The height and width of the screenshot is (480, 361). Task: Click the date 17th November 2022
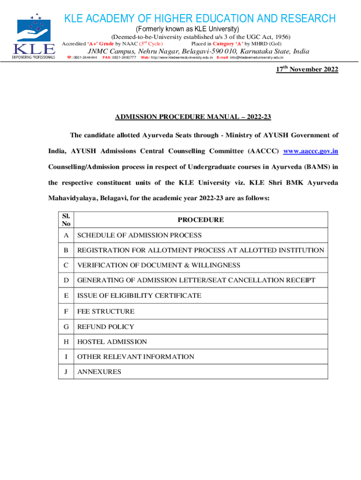coord(306,69)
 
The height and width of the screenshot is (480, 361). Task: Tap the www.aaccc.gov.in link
coord(311,151)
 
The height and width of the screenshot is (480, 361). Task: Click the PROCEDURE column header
coord(201,220)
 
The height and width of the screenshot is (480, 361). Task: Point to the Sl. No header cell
coord(66,220)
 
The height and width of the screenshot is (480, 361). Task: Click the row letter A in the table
coord(66,235)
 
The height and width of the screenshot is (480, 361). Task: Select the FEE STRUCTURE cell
coord(106,311)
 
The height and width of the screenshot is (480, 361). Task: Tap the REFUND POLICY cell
coord(105,327)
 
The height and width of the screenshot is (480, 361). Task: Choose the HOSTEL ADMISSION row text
coord(112,342)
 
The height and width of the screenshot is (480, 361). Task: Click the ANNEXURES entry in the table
coord(99,372)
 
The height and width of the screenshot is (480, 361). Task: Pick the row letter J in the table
coord(66,372)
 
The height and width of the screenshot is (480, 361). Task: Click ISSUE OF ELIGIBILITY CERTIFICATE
coord(139,296)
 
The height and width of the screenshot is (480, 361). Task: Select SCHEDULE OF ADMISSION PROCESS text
coord(140,235)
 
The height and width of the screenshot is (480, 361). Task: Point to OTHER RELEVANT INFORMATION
coord(135,357)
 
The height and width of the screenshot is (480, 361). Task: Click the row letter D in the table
coord(66,280)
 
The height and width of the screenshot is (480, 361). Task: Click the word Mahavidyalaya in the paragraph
coord(71,198)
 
